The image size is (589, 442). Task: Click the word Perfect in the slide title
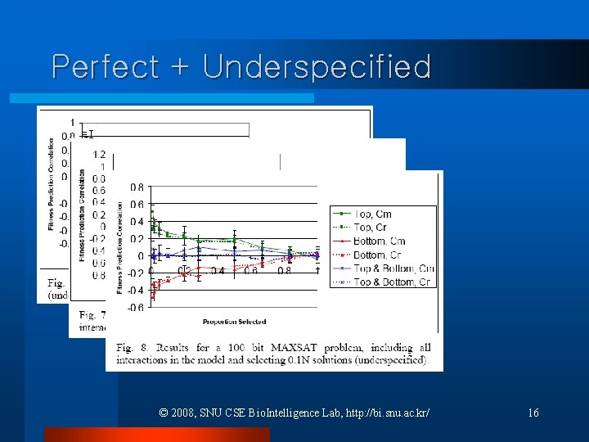[x=104, y=66]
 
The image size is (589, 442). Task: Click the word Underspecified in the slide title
[x=317, y=66]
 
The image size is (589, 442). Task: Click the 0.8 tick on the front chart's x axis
[x=284, y=271]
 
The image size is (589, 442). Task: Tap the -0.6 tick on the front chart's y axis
[x=135, y=307]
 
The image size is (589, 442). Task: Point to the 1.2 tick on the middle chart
[x=99, y=154]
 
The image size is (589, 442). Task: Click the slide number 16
[x=533, y=413]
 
